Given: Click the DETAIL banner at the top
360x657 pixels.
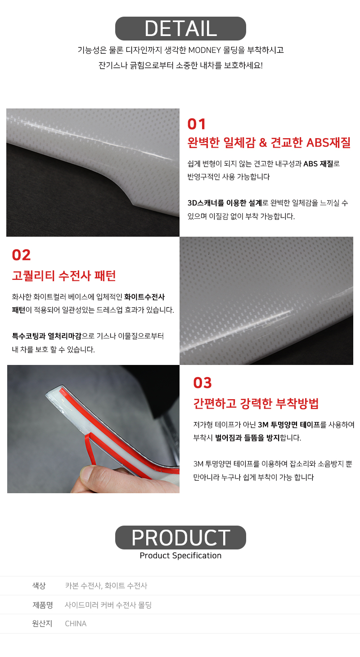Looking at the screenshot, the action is [x=180, y=28].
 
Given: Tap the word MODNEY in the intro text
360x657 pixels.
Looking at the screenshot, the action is [x=204, y=50].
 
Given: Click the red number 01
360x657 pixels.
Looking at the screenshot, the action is [x=197, y=124].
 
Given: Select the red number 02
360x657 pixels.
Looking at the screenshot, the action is [x=21, y=255].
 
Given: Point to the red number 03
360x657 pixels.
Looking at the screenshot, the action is [x=202, y=383].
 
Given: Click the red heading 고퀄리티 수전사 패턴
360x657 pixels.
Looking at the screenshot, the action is [x=63, y=276].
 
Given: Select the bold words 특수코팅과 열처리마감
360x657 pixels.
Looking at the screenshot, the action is [x=46, y=336].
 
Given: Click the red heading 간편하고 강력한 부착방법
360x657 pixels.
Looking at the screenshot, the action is [x=256, y=404].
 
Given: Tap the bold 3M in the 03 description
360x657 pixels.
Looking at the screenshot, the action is [x=263, y=425].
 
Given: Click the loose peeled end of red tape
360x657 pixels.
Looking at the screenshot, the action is [x=90, y=450].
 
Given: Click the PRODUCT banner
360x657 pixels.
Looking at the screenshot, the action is [x=180, y=538].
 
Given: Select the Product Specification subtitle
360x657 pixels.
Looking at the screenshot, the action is [x=180, y=555].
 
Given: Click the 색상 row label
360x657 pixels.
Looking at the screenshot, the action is [x=39, y=586].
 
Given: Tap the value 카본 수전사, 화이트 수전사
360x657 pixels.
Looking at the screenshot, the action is [x=106, y=586].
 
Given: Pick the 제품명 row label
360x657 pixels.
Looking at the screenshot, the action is [x=43, y=605].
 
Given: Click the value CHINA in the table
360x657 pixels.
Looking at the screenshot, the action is [x=76, y=624].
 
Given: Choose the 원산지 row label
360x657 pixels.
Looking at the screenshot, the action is [x=42, y=624].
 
